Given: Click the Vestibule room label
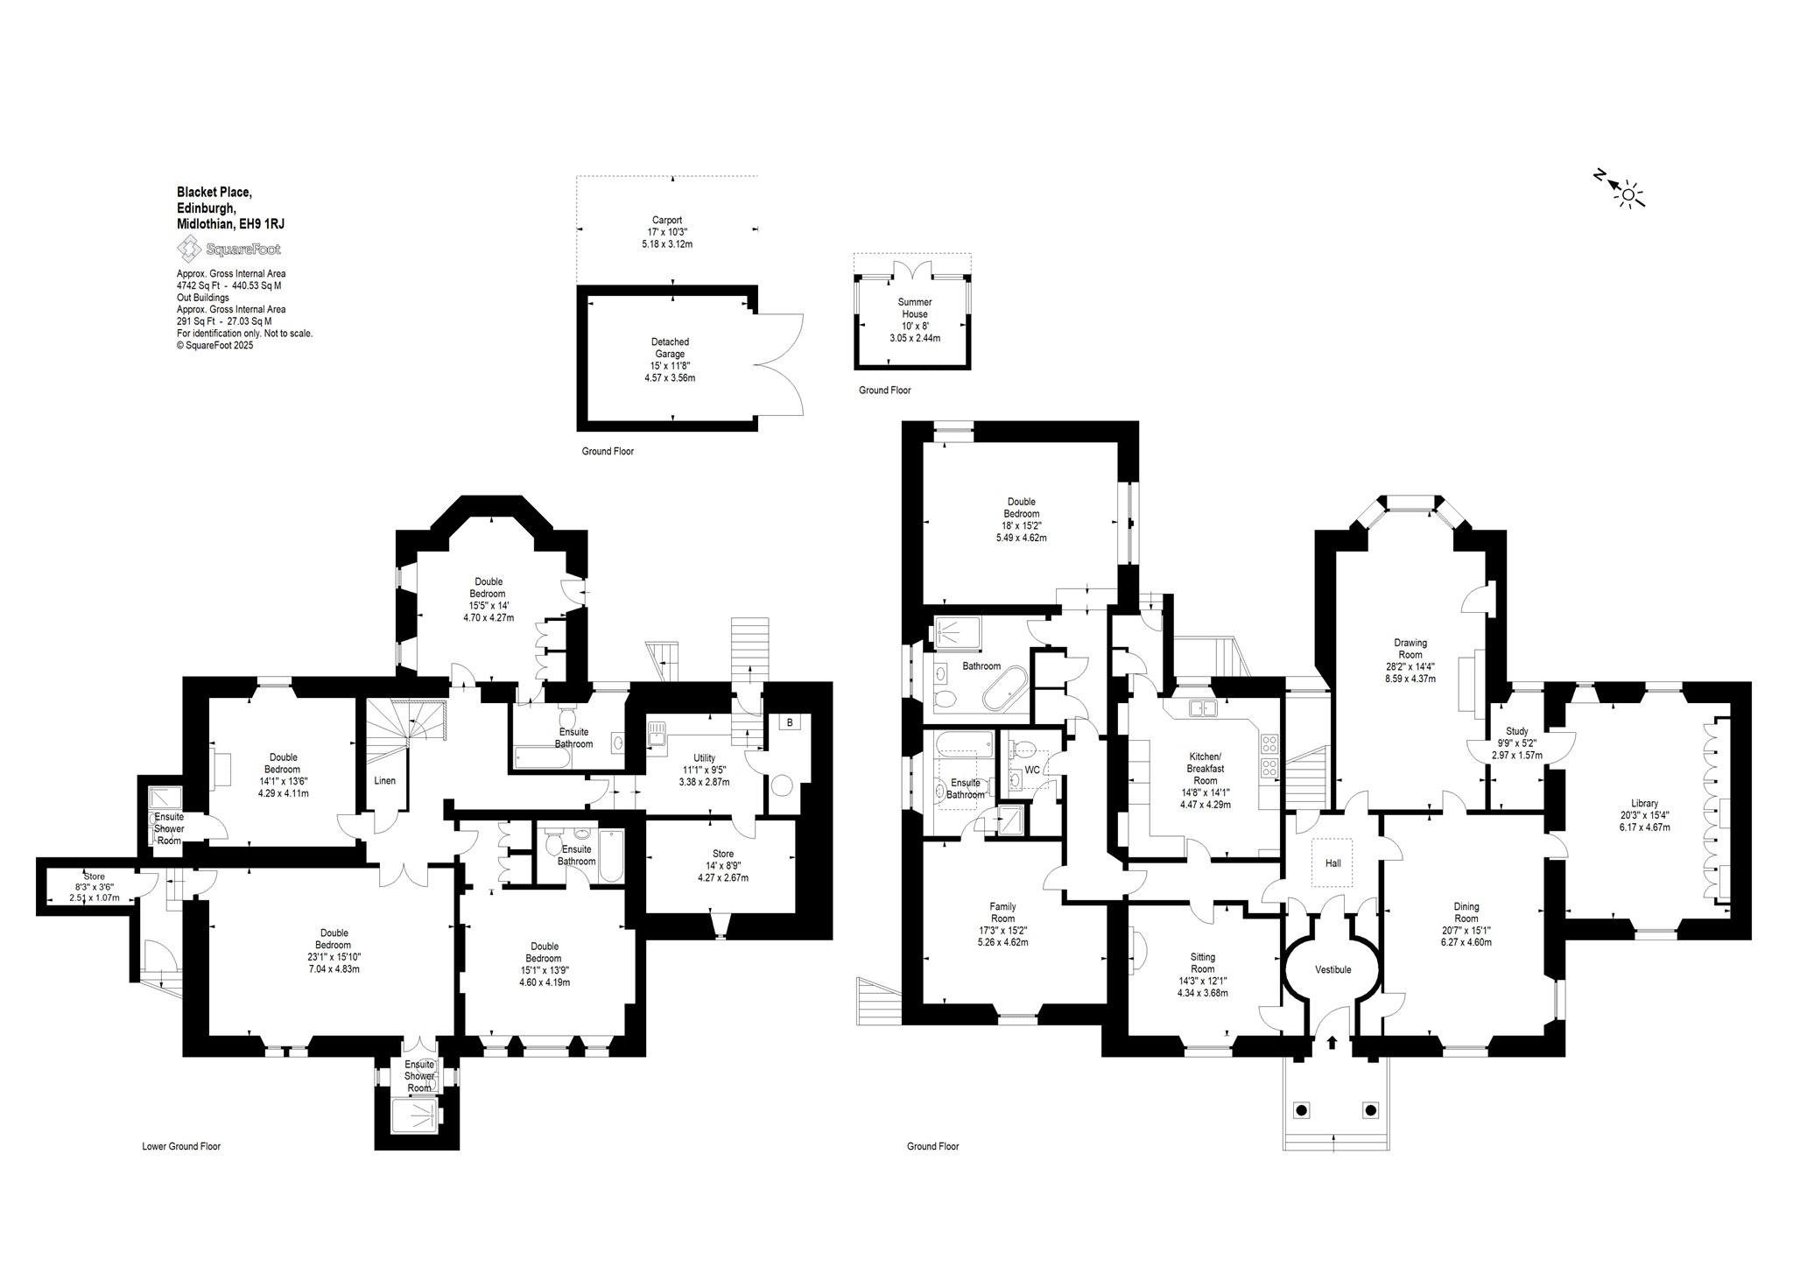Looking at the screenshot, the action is coord(1333,969).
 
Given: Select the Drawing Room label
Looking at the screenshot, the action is coord(1410,648).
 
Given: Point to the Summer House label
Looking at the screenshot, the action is coord(915,307).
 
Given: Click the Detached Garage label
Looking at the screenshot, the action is coord(671,348).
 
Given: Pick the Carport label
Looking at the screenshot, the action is coord(667,220).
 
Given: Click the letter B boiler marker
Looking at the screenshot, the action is coord(790,722).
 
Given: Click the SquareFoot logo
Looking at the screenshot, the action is coord(230,250).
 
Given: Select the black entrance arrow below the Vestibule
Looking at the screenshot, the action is coord(1332,1043).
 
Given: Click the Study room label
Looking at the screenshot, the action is coord(1517,731).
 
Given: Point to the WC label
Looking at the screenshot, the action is coord(1032,771).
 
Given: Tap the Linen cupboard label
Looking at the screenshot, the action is coord(384,780).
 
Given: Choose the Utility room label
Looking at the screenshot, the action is coord(704,758).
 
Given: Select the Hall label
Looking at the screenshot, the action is coord(1332,862).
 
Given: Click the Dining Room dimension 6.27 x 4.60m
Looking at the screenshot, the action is coord(1466,943).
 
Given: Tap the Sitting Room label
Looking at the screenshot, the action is coord(1203,962).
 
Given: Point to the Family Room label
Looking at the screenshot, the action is coord(1003,912).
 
